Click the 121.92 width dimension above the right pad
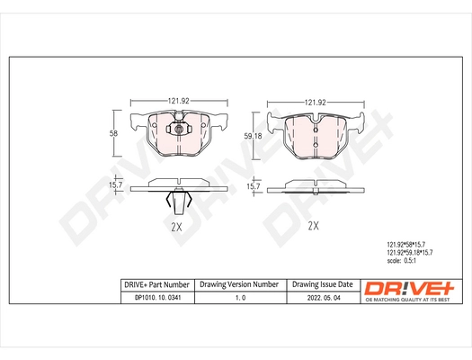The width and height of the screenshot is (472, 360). [313, 102]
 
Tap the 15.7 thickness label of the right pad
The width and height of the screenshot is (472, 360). [254, 185]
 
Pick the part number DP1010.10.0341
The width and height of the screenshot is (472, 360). [156, 298]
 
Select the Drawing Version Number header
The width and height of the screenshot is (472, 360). [238, 283]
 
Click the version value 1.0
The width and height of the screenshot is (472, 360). [239, 298]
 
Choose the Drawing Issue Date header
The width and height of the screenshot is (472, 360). [321, 283]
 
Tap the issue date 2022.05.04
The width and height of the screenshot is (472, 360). [321, 298]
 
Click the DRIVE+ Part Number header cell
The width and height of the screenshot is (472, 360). [156, 283]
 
